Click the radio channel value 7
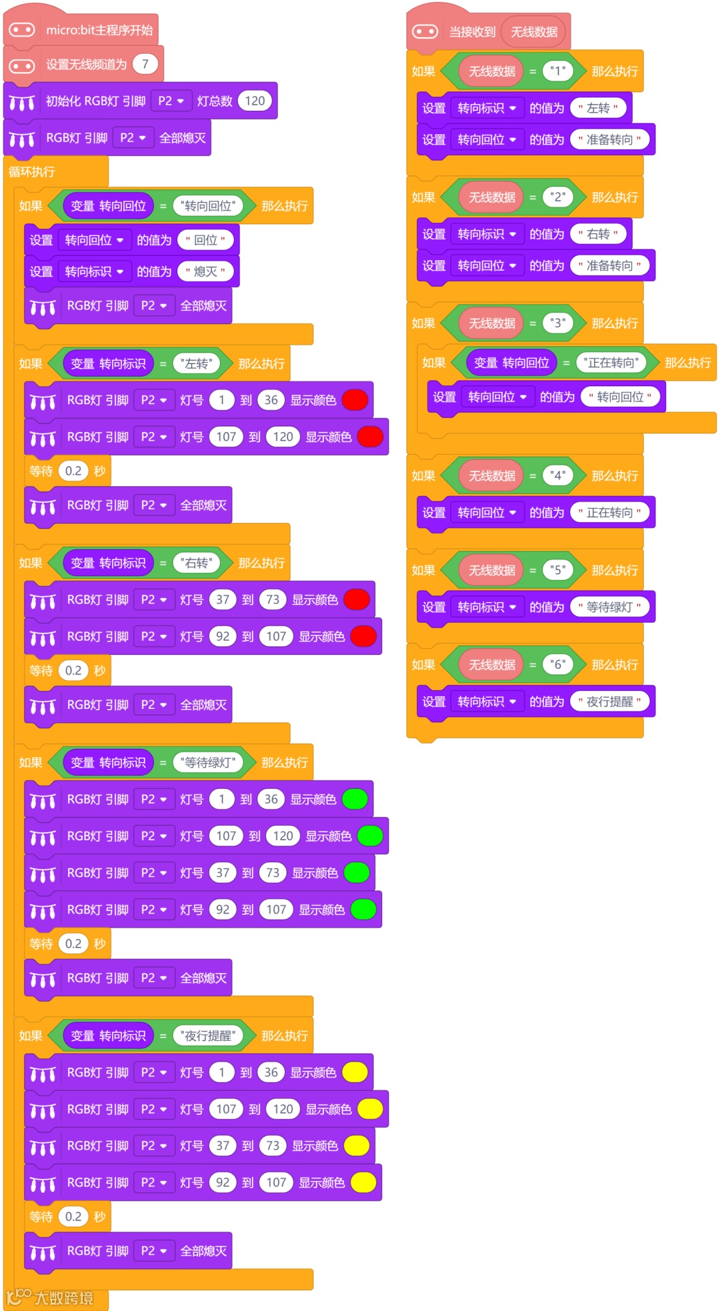click(145, 64)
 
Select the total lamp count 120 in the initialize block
click(255, 101)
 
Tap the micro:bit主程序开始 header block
click(99, 30)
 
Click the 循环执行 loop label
click(32, 172)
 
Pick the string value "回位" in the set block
click(205, 240)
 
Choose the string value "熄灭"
click(205, 271)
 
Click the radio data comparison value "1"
click(558, 71)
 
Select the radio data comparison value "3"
click(558, 323)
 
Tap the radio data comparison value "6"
click(558, 664)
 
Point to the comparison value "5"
click(558, 569)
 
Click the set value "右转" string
click(598, 234)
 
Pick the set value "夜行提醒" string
click(609, 702)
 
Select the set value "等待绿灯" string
click(609, 607)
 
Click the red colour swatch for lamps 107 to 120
click(370, 437)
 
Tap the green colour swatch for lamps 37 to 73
click(357, 873)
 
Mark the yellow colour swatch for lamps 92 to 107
click(363, 1182)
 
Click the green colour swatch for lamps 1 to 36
click(355, 799)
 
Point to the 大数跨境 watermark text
click(63, 1298)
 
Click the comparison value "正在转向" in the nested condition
click(611, 363)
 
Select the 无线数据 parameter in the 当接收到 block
click(534, 31)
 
